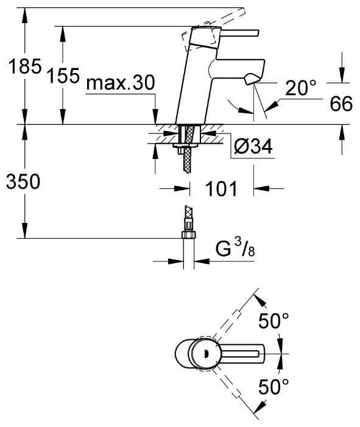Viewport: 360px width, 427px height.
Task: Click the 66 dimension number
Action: (x=341, y=104)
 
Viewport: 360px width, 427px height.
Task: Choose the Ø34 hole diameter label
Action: (x=252, y=146)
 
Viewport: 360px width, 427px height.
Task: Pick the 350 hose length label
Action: (x=23, y=181)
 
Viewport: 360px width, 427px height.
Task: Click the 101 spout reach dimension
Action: (x=221, y=189)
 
